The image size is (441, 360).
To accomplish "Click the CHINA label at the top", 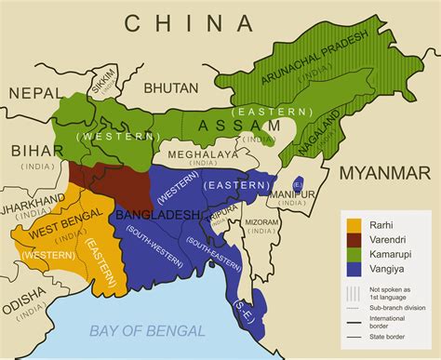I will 189,22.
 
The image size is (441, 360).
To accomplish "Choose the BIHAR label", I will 31,151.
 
